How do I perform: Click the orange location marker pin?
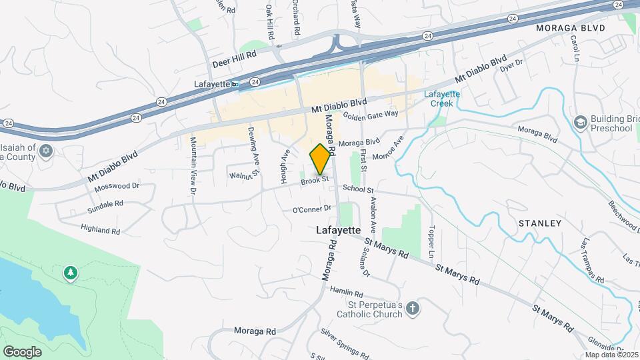click(x=321, y=159)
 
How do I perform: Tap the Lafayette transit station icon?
click(x=235, y=85)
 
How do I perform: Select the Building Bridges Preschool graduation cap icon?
click(x=580, y=122)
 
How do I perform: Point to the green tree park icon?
click(x=70, y=273)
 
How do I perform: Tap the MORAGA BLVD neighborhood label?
click(x=570, y=29)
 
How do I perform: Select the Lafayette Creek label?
click(x=442, y=99)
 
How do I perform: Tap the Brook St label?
click(x=315, y=180)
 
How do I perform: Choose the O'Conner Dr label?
click(x=312, y=209)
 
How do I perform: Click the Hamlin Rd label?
click(x=345, y=293)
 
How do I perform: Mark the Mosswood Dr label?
click(x=117, y=186)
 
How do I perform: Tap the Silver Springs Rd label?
click(x=344, y=343)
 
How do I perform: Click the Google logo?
click(x=22, y=351)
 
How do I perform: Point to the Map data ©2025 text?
click(x=611, y=355)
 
